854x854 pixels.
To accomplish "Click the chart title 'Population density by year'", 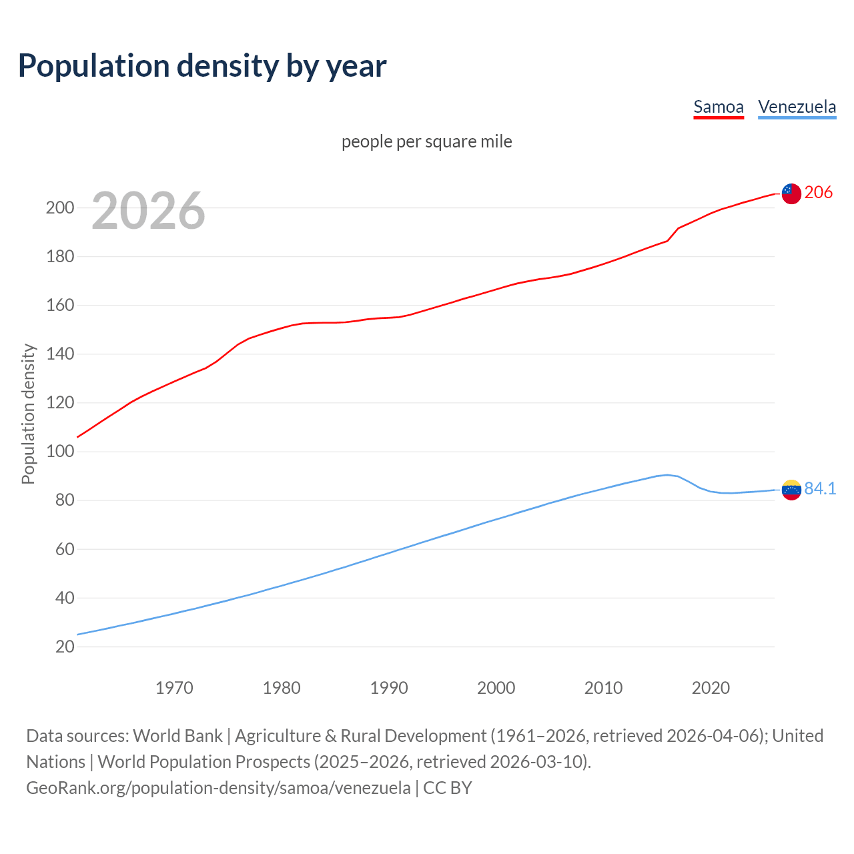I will (202, 66).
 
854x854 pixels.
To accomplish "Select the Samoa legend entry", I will (719, 107).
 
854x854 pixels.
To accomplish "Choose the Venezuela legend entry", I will (797, 107).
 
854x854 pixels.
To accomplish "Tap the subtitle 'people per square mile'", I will (426, 141).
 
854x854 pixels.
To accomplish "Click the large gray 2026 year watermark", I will (148, 211).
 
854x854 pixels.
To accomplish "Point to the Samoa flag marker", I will (791, 193).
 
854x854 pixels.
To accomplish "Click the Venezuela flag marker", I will (791, 490).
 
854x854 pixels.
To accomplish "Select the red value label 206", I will (819, 192).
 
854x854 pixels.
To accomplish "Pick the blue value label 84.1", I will (820, 488).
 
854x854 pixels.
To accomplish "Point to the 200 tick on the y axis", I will (60, 207).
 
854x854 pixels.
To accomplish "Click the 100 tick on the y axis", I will (60, 452).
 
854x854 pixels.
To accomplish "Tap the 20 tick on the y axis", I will (65, 647).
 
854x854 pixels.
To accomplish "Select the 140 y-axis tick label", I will (60, 354).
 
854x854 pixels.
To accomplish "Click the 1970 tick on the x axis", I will (174, 688).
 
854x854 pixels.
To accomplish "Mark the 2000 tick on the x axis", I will (496, 688).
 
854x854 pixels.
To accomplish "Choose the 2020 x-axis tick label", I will (711, 688).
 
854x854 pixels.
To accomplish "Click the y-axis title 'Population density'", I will (28, 414).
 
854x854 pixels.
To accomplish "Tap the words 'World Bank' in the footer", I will (177, 736).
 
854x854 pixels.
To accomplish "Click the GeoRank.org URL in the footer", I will (218, 788).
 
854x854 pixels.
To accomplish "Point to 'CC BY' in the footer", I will (448, 788).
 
